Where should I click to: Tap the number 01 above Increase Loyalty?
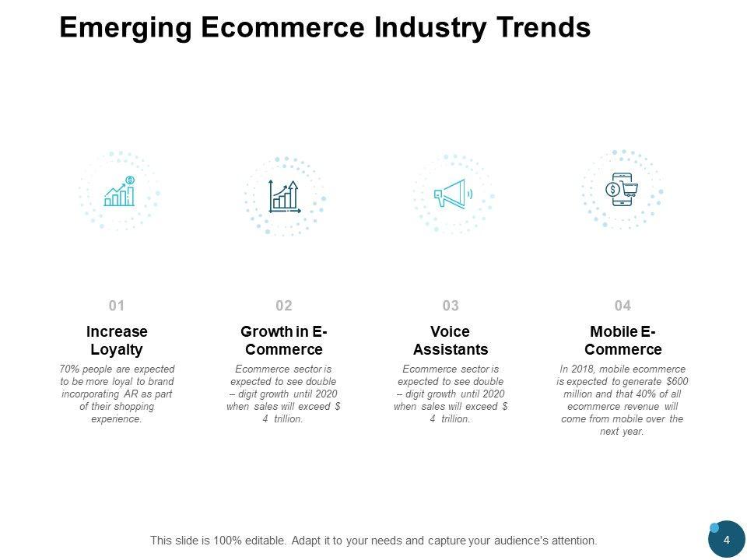click(x=117, y=306)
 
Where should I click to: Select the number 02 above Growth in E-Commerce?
click(x=283, y=306)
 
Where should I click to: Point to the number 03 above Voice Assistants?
click(x=451, y=306)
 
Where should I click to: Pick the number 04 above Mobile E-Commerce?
click(x=622, y=306)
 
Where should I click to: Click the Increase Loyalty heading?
click(x=117, y=341)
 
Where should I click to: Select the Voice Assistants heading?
click(x=451, y=341)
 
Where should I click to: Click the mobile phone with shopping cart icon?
click(x=622, y=189)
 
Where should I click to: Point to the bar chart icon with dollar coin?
click(x=120, y=191)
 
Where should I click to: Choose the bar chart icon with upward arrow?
click(x=284, y=196)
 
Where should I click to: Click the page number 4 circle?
click(x=727, y=541)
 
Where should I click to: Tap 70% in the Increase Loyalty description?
click(x=69, y=369)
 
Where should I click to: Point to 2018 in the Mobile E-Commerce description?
click(x=582, y=369)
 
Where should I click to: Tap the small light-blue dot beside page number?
click(x=714, y=528)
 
